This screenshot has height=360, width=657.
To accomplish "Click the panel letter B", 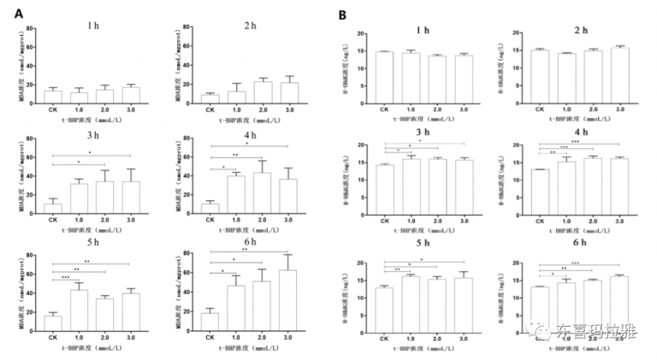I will pos(342,15).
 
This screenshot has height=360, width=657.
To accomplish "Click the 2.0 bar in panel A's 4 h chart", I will pos(262,193).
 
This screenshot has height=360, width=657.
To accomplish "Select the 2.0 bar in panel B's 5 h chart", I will pos(438,303).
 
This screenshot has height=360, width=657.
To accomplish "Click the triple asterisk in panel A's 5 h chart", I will pos(66,277).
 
